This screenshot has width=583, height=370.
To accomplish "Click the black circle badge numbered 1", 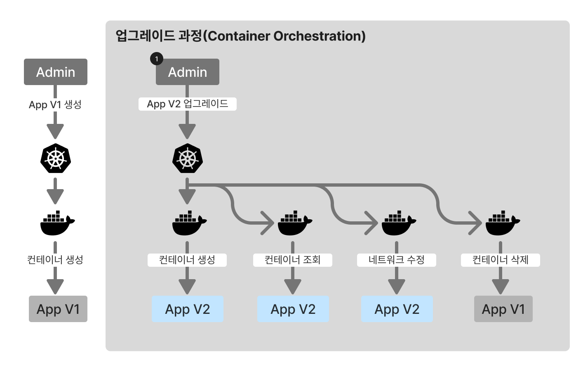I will tap(157, 59).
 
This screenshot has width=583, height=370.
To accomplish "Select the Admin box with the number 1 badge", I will tap(188, 72).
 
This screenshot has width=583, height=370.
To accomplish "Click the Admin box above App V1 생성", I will tap(56, 72).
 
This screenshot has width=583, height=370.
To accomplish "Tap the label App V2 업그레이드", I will tap(188, 104).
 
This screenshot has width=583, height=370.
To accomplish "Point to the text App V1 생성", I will tap(55, 105).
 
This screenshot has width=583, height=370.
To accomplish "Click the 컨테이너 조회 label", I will tap(293, 260).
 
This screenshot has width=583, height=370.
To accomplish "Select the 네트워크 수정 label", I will tap(397, 260).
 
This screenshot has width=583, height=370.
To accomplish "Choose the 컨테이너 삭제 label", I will tap(501, 260).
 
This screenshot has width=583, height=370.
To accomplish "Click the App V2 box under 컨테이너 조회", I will tap(293, 309).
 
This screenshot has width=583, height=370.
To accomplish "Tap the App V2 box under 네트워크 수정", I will tap(397, 309).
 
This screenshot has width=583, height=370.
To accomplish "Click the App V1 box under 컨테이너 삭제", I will tap(503, 309).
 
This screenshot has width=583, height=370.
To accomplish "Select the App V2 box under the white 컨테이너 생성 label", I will tap(188, 309).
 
